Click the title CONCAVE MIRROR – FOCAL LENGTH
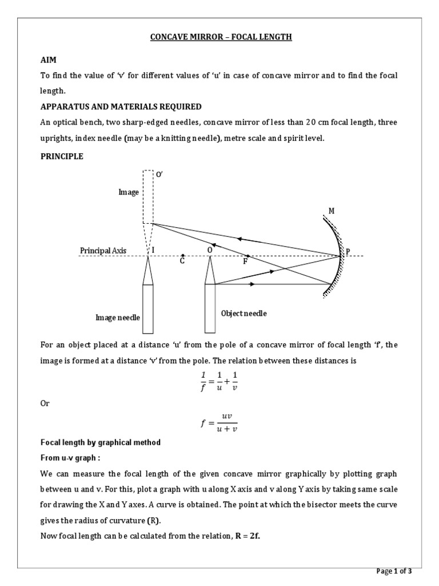[221, 37]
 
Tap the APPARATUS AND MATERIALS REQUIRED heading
[121, 106]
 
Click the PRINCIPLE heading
[62, 157]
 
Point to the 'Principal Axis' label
[102, 251]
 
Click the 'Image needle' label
[117, 317]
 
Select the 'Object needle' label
[244, 314]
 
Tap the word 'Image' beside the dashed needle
[129, 192]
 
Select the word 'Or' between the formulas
[45, 403]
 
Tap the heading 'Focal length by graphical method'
[100, 442]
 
